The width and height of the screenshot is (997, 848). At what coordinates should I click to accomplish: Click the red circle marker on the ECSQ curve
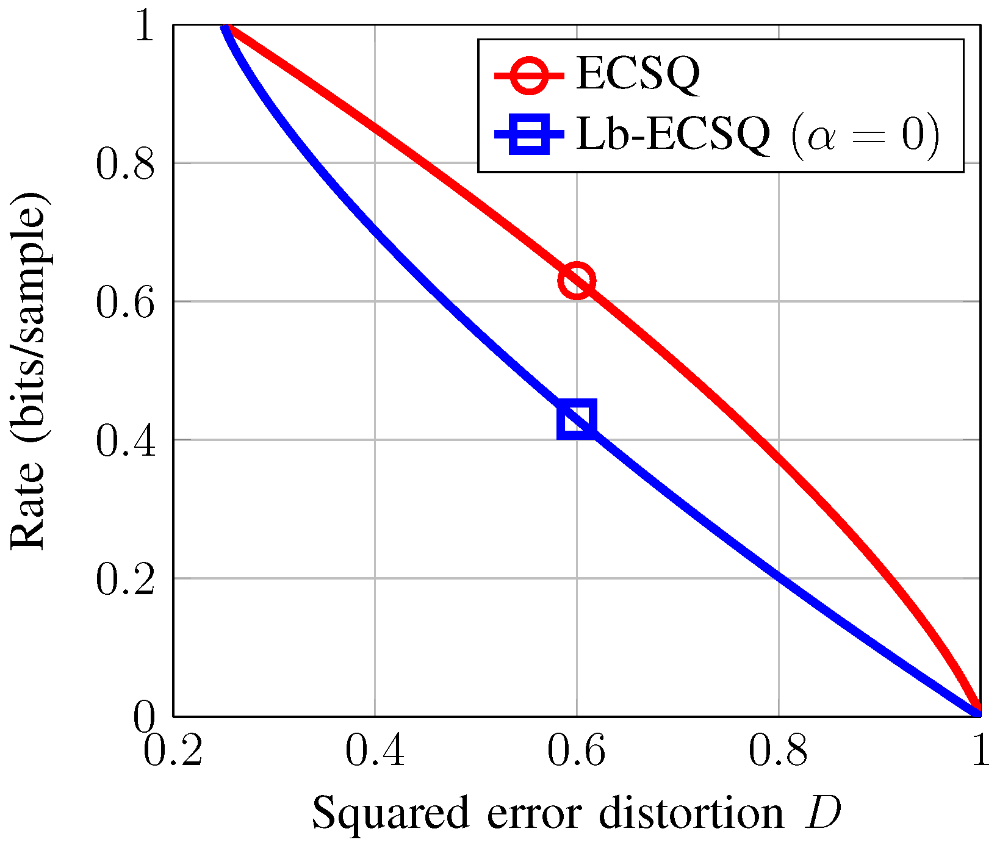point(577,281)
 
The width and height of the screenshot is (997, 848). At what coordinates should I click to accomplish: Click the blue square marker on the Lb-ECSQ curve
point(577,420)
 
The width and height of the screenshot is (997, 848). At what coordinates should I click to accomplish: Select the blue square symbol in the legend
point(530,134)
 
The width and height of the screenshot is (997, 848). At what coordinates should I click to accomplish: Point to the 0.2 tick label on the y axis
point(126,578)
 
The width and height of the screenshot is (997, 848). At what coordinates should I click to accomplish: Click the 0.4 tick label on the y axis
point(126,440)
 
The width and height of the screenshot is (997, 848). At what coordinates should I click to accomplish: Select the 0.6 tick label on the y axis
point(126,301)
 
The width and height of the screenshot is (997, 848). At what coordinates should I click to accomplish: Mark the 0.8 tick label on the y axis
point(126,163)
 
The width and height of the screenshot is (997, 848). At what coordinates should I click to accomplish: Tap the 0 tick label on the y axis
point(145,716)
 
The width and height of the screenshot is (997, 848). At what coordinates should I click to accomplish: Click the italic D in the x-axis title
point(822,813)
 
